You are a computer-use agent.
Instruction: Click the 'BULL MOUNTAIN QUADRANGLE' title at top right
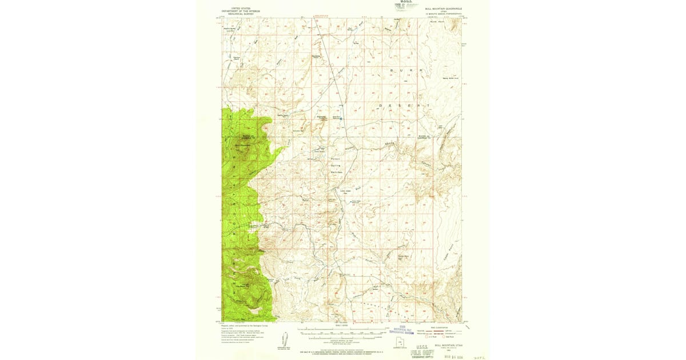click(443, 9)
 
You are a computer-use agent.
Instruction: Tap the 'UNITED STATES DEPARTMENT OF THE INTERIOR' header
click(241, 10)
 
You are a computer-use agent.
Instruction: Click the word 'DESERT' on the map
click(403, 106)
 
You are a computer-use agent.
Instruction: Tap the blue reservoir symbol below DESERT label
click(343, 119)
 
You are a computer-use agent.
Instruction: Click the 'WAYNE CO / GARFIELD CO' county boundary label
click(422, 137)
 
